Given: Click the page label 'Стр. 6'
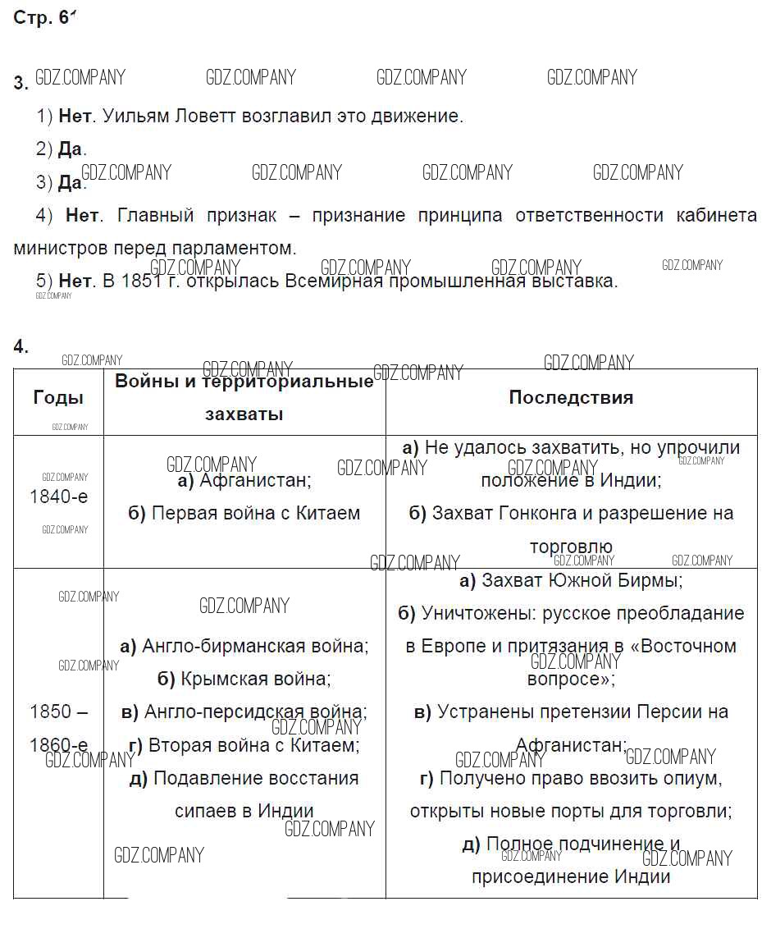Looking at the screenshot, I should pyautogui.click(x=43, y=18).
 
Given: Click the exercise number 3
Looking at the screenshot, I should pyautogui.click(x=20, y=83).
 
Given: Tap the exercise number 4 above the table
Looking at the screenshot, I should pyautogui.click(x=20, y=346).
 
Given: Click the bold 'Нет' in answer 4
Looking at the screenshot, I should pyautogui.click(x=82, y=215).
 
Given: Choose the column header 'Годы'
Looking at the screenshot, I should pyautogui.click(x=58, y=397).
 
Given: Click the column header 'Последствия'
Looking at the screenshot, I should pyautogui.click(x=571, y=397).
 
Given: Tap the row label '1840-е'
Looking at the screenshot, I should pyautogui.click(x=58, y=496).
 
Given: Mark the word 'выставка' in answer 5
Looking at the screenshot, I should pyautogui.click(x=582, y=281).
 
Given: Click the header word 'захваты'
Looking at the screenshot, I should pyautogui.click(x=244, y=414).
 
